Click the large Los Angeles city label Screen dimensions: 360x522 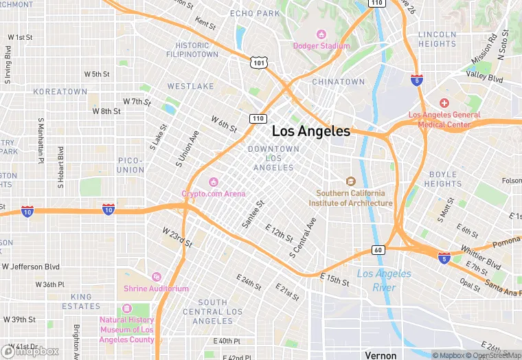[311, 131]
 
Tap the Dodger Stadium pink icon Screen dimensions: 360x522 [321, 34]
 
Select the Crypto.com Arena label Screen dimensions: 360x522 [213, 194]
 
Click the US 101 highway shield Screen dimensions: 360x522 [258, 63]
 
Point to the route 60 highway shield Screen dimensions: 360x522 [378, 250]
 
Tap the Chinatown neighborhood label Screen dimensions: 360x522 [339, 82]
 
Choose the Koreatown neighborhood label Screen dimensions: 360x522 [60, 91]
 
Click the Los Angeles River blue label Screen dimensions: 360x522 [384, 280]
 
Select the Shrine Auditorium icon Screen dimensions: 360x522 [156, 277]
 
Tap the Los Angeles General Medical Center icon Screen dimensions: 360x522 [444, 103]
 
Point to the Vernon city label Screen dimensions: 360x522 [381, 355]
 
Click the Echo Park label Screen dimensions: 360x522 [255, 13]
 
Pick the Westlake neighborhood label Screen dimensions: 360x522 [190, 87]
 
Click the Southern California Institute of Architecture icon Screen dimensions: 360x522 [350, 181]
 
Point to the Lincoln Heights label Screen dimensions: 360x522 [437, 39]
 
